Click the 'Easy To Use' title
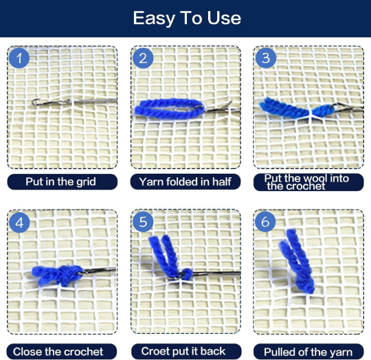pyautogui.click(x=187, y=18)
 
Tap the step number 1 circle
pyautogui.click(x=19, y=58)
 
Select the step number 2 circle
pyautogui.click(x=143, y=58)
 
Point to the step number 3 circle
pyautogui.click(x=266, y=58)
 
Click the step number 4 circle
pyautogui.click(x=19, y=223)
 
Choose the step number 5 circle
pyautogui.click(x=143, y=222)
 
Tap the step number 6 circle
pyautogui.click(x=265, y=222)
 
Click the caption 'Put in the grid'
pyautogui.click(x=61, y=181)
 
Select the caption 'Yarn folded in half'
pyautogui.click(x=185, y=181)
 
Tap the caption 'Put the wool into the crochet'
pyautogui.click(x=306, y=182)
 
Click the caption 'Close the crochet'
pyautogui.click(x=58, y=352)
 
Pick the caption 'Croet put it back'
pyautogui.click(x=183, y=351)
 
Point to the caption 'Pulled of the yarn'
pyautogui.click(x=308, y=352)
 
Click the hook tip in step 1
pyautogui.click(x=34, y=102)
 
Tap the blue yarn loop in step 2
pyautogui.click(x=169, y=109)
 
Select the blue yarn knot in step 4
pyautogui.click(x=58, y=275)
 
